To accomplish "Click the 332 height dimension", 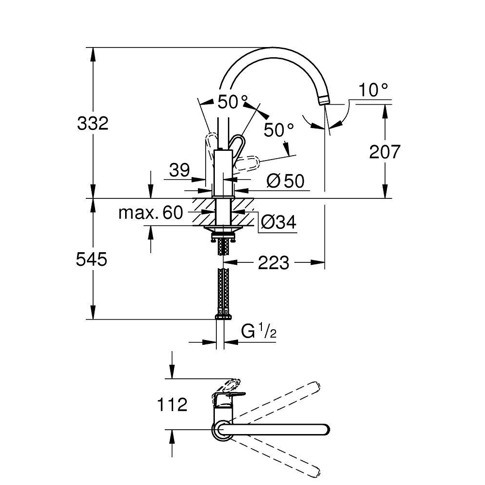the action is (93, 123).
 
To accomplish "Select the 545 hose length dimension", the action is (92, 259).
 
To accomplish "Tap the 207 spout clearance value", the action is (385, 151).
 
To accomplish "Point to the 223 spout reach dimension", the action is (274, 263).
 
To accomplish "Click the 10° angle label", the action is (373, 90).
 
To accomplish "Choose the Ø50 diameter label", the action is (285, 181).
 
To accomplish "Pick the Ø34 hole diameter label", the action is (278, 222).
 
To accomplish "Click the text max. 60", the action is (151, 213).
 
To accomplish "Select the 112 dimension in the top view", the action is (172, 404).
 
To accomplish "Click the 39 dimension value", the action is (179, 170).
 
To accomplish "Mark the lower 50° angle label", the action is (279, 130).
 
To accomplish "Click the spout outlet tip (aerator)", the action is (323, 100).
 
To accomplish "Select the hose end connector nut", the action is (223, 317).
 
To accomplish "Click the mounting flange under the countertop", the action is (223, 228).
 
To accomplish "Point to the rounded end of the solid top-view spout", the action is (326, 430).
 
